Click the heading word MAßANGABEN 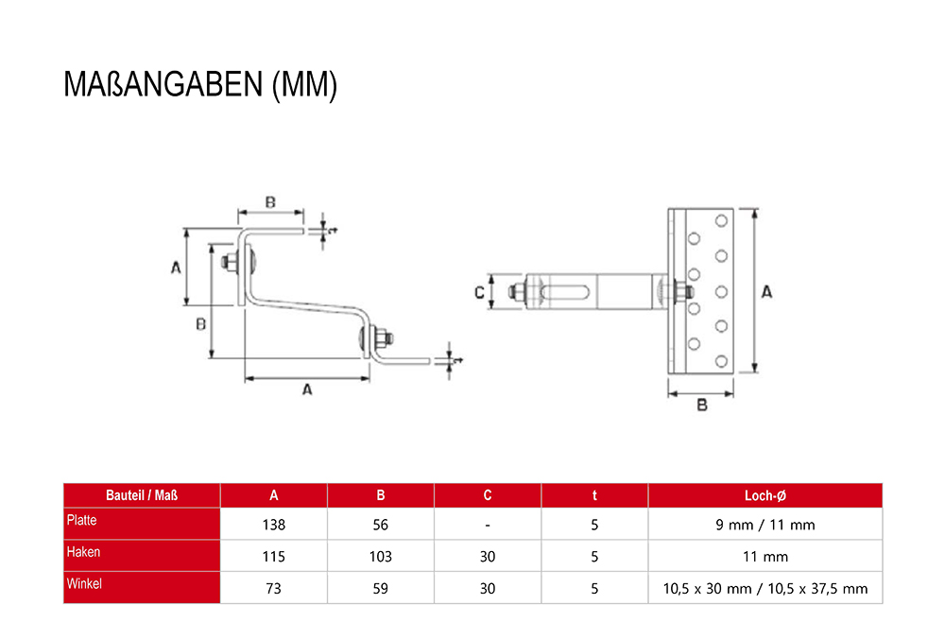(163, 84)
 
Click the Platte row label (81, 520)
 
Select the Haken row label (83, 552)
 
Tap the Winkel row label (84, 583)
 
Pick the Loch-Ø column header (765, 495)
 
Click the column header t (594, 495)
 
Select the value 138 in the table (274, 525)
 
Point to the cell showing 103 (380, 557)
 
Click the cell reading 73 (274, 589)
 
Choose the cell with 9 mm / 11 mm (765, 525)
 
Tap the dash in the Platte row (487, 526)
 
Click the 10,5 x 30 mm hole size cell (765, 589)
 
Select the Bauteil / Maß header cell (142, 495)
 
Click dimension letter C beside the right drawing (480, 293)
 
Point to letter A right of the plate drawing (766, 292)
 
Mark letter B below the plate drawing (702, 405)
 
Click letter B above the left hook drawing (270, 202)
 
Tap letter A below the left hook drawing (307, 390)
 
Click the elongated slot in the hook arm (565, 292)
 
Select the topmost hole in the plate (721, 221)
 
